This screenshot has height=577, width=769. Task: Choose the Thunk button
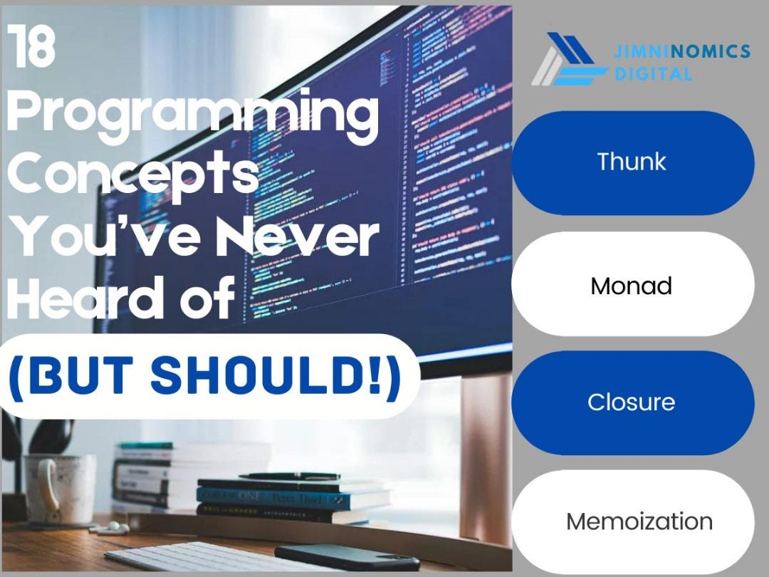point(632,162)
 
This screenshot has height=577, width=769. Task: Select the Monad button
point(632,286)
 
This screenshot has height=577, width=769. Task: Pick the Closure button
point(632,402)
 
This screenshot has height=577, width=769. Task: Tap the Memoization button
point(639,521)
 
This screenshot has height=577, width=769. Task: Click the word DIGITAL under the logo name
point(653,73)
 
